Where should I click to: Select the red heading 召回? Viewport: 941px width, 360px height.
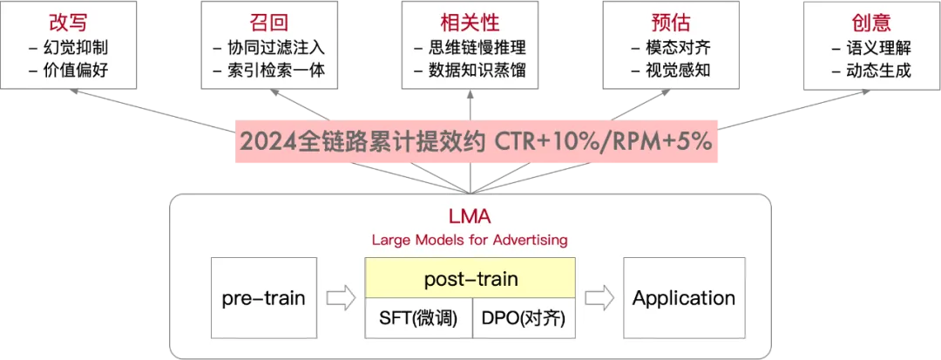pyautogui.click(x=267, y=23)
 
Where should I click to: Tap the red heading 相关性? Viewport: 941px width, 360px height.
pyautogui.click(x=470, y=23)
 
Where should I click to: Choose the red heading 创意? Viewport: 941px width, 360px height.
pyautogui.click(x=870, y=23)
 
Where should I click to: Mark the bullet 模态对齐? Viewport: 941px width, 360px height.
pyautogui.click(x=675, y=48)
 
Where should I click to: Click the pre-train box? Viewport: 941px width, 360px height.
pyautogui.click(x=263, y=298)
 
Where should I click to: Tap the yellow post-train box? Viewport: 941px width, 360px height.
pyautogui.click(x=470, y=279)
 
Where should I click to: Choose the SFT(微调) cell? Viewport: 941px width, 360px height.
pyautogui.click(x=418, y=318)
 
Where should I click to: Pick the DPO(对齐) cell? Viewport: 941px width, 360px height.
pyautogui.click(x=523, y=318)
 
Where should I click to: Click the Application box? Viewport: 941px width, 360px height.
pyautogui.click(x=683, y=298)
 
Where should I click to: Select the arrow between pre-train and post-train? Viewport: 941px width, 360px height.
pyautogui.click(x=341, y=299)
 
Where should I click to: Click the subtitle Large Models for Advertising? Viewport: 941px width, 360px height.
pyautogui.click(x=470, y=239)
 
